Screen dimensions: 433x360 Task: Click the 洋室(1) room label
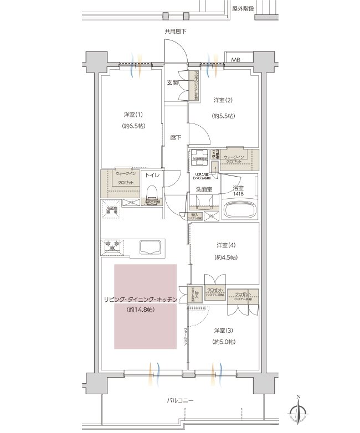133,115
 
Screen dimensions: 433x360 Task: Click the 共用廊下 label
175,32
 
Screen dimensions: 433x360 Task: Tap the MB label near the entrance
235,60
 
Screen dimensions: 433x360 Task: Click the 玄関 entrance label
172,83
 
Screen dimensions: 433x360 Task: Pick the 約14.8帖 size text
141,310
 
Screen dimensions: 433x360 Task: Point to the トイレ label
152,175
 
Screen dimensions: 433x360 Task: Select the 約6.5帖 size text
133,126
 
